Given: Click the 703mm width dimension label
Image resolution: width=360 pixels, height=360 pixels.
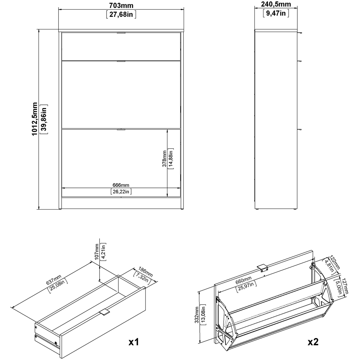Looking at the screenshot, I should pos(121,5).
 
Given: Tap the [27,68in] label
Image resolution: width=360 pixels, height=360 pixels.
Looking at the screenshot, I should pos(121,14).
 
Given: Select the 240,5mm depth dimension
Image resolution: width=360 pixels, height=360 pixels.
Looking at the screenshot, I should pos(276,5).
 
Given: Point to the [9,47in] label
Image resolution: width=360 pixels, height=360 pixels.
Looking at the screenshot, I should pos(276,14).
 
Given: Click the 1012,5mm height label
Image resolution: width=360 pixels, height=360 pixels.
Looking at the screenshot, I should pos(35,119).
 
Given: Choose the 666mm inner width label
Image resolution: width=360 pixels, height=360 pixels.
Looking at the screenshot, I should pos(121,185).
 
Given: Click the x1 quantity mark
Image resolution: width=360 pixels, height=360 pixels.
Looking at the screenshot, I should pos(134,341).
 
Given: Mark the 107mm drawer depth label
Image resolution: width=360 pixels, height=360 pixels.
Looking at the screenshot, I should pos(96,252).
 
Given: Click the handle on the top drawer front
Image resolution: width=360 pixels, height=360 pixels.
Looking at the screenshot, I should pos(121,33).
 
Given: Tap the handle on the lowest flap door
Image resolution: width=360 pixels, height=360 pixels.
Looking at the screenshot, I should pos(121,129).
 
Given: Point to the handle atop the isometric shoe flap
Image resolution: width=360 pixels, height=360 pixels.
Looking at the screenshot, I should pos(262,268).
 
